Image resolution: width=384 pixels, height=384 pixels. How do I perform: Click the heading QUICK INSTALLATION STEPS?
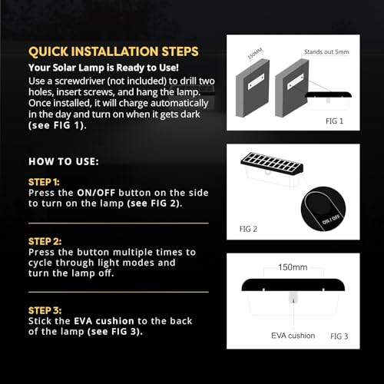click(114, 51)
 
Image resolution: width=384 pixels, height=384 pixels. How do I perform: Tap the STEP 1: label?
click(44, 182)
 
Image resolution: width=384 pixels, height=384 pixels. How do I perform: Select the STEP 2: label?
click(45, 241)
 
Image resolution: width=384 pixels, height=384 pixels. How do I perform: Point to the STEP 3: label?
click(45, 310)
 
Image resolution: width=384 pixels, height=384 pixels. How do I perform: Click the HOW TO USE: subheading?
click(64, 161)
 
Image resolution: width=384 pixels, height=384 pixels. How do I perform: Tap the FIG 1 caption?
click(334, 121)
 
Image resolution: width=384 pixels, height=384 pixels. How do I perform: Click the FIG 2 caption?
click(248, 229)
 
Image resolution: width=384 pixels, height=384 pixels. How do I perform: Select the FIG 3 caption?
click(339, 336)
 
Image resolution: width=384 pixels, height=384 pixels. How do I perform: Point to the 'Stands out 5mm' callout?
click(326, 52)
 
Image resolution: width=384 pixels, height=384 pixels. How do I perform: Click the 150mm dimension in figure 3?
click(293, 267)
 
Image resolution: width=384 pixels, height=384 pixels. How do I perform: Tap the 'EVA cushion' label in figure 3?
click(293, 336)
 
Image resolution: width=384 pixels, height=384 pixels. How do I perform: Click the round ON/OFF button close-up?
click(323, 209)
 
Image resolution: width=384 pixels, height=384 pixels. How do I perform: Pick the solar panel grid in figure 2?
click(272, 162)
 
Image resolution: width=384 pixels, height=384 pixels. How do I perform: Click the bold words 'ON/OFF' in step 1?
click(96, 193)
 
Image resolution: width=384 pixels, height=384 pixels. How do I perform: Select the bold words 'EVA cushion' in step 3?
click(104, 321)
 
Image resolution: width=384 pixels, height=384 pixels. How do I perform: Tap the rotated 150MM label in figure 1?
click(255, 54)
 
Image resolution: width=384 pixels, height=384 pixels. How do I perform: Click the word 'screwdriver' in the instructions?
click(80, 81)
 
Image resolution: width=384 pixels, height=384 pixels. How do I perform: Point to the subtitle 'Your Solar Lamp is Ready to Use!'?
click(104, 68)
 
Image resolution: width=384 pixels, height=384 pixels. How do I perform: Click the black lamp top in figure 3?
click(293, 285)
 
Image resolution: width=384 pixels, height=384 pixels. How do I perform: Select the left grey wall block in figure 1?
click(253, 88)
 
